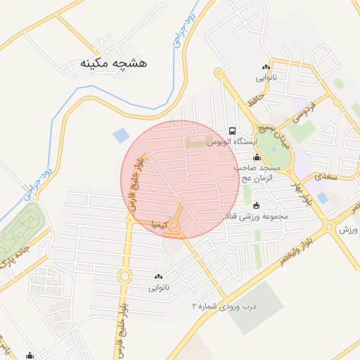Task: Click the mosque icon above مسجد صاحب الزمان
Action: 257,157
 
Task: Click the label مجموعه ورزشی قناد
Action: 256,217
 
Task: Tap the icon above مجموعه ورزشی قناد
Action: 255,205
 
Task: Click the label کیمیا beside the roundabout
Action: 157,225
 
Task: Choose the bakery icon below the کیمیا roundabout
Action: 157,276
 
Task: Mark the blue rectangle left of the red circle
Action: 122,133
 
